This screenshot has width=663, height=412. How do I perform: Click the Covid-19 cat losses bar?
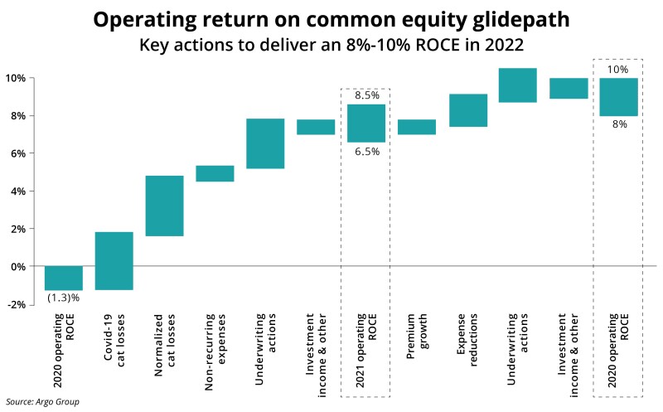pyautogui.click(x=114, y=260)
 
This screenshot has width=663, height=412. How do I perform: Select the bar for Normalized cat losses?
pyautogui.click(x=164, y=206)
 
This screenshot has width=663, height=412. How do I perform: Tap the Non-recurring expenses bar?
pyautogui.click(x=215, y=173)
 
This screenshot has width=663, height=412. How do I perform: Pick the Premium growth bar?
pyautogui.click(x=417, y=127)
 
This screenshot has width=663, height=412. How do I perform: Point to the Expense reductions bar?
pyautogui.click(x=468, y=110)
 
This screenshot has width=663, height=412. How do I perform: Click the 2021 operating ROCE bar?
pyautogui.click(x=366, y=123)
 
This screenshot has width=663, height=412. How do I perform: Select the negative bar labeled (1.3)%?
pyautogui.click(x=64, y=278)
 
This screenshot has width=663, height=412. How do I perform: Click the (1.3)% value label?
pyautogui.click(x=64, y=298)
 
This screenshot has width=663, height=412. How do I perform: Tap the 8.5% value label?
pyautogui.click(x=367, y=95)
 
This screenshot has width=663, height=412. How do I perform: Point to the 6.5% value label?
pyautogui.click(x=367, y=152)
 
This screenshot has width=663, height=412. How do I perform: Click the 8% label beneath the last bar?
pyautogui.click(x=620, y=124)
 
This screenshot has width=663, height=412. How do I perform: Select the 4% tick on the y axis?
pyautogui.click(x=16, y=191)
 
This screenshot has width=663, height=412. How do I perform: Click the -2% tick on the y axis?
pyautogui.click(x=16, y=304)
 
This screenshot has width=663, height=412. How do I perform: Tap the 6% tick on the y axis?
pyautogui.click(x=16, y=153)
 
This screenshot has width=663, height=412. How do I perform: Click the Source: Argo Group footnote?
pyautogui.click(x=42, y=402)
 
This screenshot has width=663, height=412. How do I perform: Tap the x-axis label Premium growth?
pyautogui.click(x=417, y=337)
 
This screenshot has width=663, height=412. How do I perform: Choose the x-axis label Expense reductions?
pyautogui.click(x=467, y=340)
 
